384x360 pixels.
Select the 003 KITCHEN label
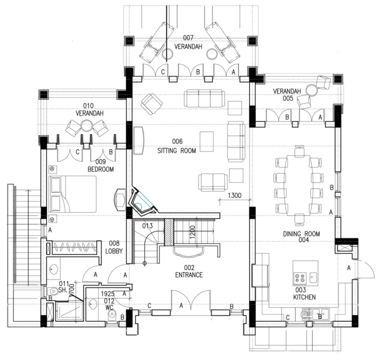[x=303, y=293]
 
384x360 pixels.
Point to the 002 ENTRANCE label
[x=188, y=271]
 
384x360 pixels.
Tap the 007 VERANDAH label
[x=188, y=42]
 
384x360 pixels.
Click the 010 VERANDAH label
[x=89, y=109]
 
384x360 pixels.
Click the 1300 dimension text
[x=235, y=195]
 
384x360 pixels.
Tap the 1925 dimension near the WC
[x=108, y=294]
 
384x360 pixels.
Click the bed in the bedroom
[x=72, y=193]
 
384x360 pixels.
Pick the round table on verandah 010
[x=87, y=125]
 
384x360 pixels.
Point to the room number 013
[x=147, y=225]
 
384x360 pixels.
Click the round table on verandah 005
[x=312, y=90]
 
